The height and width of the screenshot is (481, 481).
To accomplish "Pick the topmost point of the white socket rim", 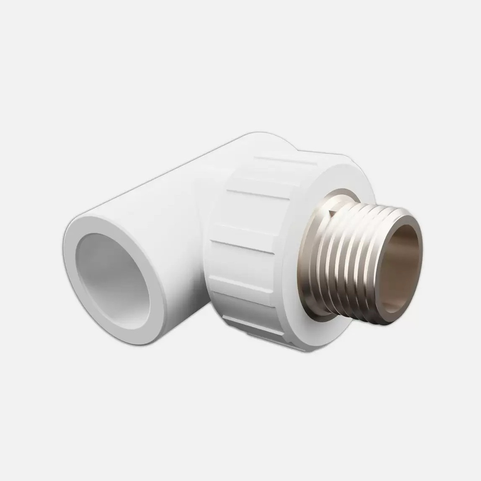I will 94,217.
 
